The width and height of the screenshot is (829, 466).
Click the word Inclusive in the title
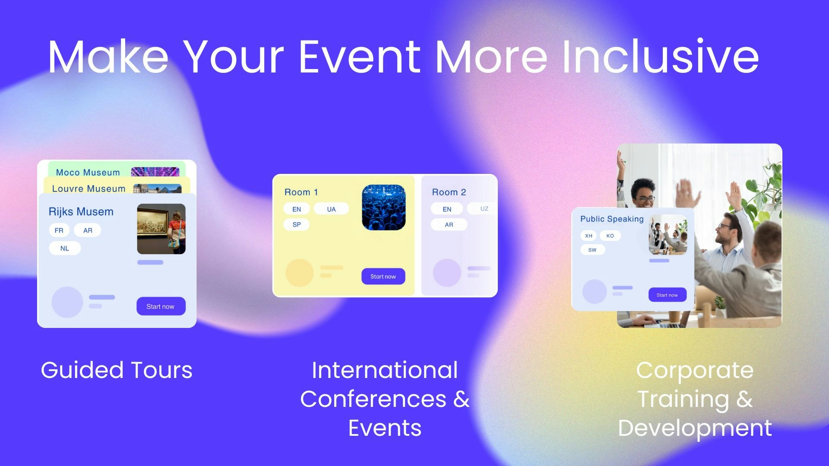pyautogui.click(x=661, y=57)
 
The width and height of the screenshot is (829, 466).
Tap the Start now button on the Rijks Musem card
pyautogui.click(x=161, y=306)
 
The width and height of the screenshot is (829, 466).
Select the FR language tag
pyautogui.click(x=59, y=230)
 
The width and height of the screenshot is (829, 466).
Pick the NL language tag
pyautogui.click(x=65, y=249)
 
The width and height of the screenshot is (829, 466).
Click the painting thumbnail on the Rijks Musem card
pyautogui.click(x=161, y=229)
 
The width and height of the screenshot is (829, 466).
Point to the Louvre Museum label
pyautogui.click(x=89, y=189)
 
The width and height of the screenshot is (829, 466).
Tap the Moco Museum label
pyautogui.click(x=88, y=172)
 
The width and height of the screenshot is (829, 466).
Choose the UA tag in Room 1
pyautogui.click(x=331, y=209)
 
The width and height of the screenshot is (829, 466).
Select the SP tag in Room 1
pyautogui.click(x=297, y=225)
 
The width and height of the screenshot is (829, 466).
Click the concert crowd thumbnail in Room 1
pyautogui.click(x=384, y=207)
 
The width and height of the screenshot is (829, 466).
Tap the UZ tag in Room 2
pyautogui.click(x=484, y=209)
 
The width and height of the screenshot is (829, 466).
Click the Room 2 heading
pyautogui.click(x=449, y=192)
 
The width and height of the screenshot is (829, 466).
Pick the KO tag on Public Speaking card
pyautogui.click(x=610, y=236)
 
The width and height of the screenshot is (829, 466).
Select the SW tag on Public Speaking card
pyautogui.click(x=592, y=250)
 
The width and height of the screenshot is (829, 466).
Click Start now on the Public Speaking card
pyautogui.click(x=668, y=295)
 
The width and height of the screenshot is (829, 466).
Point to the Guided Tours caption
pyautogui.click(x=117, y=370)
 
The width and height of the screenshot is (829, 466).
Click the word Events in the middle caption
pyautogui.click(x=385, y=428)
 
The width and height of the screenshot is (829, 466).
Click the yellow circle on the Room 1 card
pyautogui.click(x=300, y=273)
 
